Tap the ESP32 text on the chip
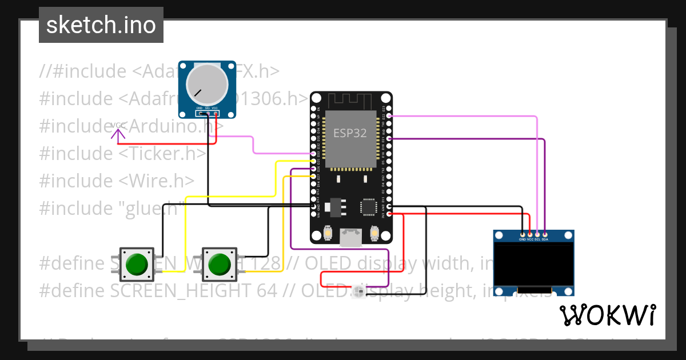[350, 133]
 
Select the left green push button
[137, 265]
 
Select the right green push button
[220, 265]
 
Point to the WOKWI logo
[607, 315]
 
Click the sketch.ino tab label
[101, 25]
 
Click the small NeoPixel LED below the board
[359, 293]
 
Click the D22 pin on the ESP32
[389, 116]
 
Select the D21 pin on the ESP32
[389, 138]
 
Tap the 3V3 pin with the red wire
[389, 214]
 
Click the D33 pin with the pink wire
[313, 154]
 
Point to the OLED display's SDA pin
[545, 234]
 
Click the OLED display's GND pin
[523, 234]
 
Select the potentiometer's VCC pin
[216, 112]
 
